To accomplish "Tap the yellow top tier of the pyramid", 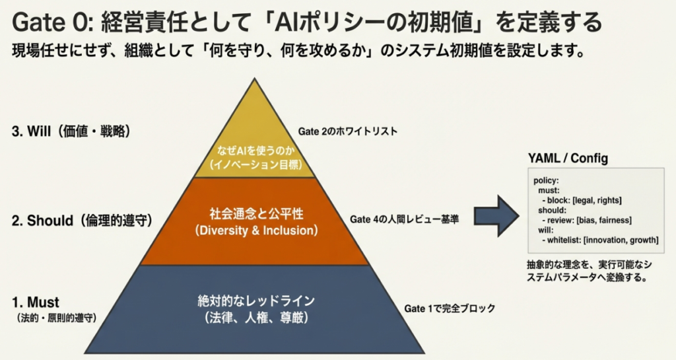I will [x=255, y=132].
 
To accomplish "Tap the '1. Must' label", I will [x=36, y=303].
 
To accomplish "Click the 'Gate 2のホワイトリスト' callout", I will [x=348, y=131].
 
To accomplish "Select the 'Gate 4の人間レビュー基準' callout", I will [x=404, y=219].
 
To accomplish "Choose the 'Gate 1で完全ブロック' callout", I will [x=449, y=308].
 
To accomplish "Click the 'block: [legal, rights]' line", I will [x=583, y=199].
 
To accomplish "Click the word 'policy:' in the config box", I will [x=547, y=180].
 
